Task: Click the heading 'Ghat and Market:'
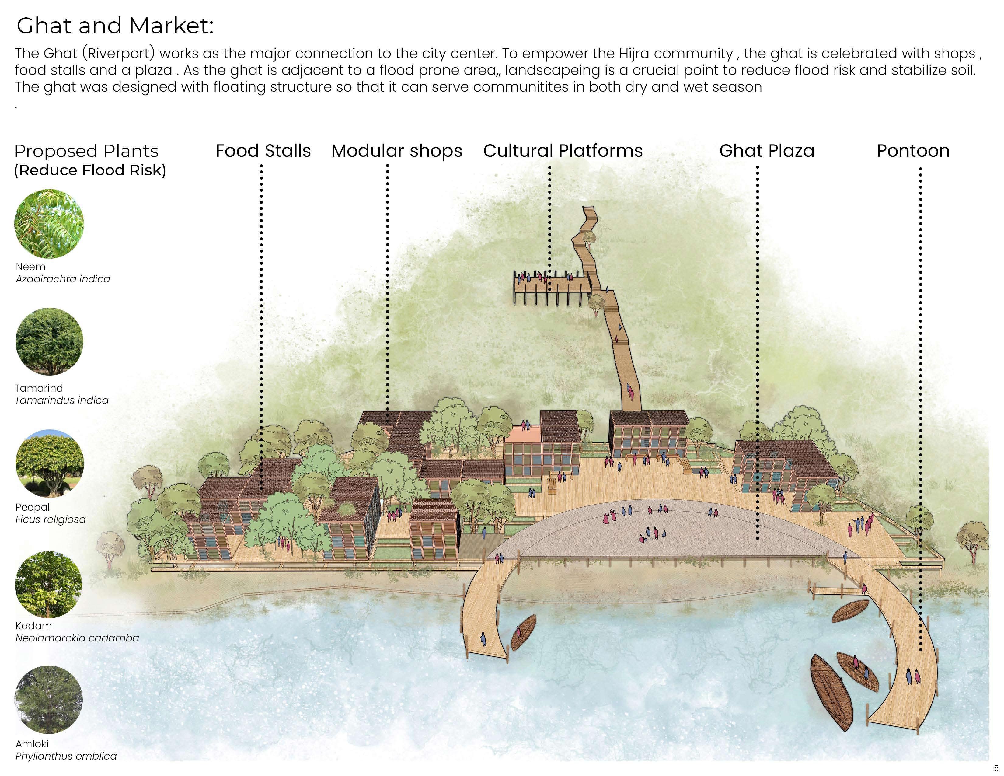115,26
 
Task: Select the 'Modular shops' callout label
397,151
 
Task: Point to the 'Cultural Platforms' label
563,151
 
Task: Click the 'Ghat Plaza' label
766,151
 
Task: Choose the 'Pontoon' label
913,151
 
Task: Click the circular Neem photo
49,224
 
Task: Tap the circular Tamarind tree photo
49,341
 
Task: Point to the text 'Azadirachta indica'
63,279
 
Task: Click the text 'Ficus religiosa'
51,519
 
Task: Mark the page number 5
996,768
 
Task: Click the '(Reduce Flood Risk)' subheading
90,170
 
